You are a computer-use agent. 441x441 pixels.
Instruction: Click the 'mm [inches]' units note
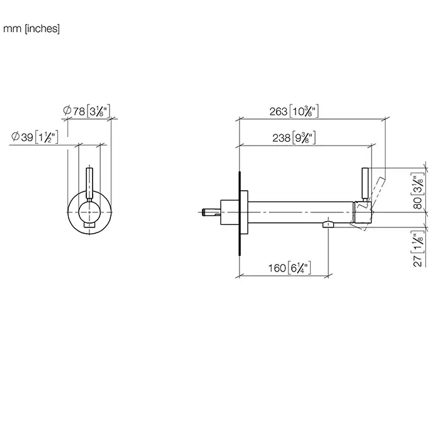coord(31,29)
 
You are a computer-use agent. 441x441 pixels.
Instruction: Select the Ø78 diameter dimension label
coord(86,111)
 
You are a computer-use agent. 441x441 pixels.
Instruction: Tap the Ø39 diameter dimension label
coord(35,137)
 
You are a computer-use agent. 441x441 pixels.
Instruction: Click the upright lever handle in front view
coord(89,184)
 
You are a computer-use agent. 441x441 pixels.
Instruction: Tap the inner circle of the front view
coord(79,212)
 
